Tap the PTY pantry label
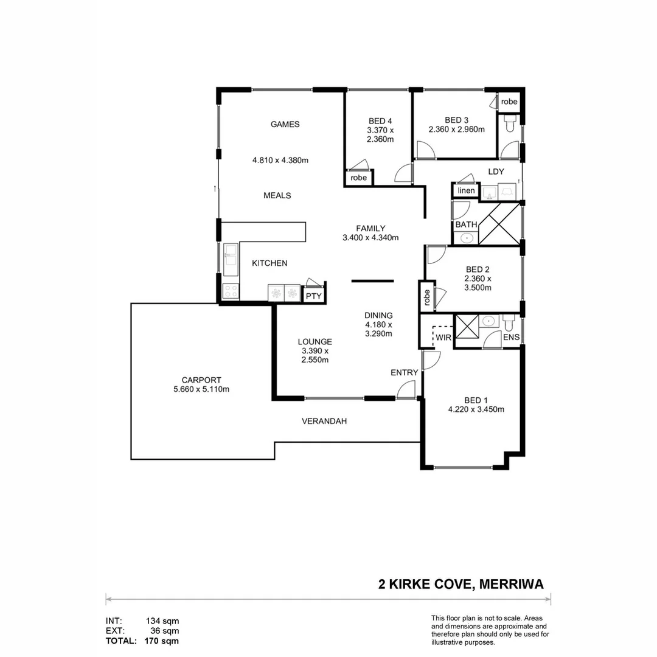click(313, 296)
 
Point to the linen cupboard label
click(466, 191)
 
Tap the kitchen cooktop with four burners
click(231, 291)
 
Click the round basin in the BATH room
click(467, 238)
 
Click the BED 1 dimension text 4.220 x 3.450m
click(476, 409)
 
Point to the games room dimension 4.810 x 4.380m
click(280, 161)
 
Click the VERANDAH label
click(324, 421)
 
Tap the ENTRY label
click(405, 373)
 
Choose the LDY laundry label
click(496, 172)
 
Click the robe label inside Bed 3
click(509, 102)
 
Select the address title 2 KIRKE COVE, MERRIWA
click(461, 585)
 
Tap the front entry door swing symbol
click(406, 390)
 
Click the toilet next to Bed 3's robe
click(510, 124)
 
